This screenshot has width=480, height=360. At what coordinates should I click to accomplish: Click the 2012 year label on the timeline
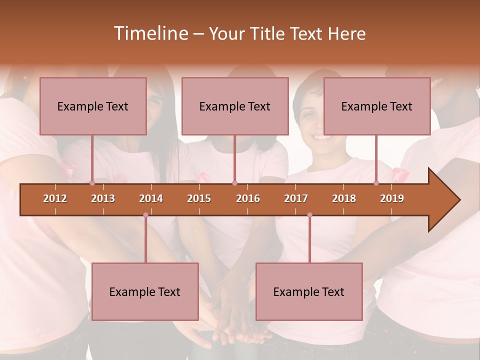[55, 198]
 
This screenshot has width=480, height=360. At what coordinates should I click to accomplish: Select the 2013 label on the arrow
[103, 198]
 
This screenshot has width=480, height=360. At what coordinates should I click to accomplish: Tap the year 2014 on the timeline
[151, 198]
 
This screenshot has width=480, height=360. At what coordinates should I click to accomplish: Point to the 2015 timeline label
[199, 198]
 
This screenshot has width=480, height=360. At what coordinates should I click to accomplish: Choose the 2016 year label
[248, 198]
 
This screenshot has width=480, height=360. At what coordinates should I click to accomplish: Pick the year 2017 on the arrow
[296, 198]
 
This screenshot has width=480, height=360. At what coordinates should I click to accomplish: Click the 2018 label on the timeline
[344, 198]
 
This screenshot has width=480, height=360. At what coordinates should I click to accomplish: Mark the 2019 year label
[392, 198]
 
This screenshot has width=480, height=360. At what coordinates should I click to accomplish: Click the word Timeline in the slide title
[149, 33]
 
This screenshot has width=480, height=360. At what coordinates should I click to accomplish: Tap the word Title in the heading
[270, 34]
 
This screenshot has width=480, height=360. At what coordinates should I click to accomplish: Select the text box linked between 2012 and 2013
[93, 106]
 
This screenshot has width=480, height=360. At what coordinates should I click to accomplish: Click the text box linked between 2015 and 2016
[235, 106]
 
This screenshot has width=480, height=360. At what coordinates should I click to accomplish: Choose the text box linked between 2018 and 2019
[377, 106]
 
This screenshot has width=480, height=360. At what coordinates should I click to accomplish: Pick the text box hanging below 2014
[145, 291]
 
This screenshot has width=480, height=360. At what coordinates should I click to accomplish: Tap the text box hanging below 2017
[309, 291]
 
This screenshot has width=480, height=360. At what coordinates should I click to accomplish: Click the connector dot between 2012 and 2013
[92, 183]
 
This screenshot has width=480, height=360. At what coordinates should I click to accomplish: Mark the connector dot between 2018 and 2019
[376, 183]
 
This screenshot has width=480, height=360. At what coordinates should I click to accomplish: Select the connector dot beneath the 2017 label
[309, 215]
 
